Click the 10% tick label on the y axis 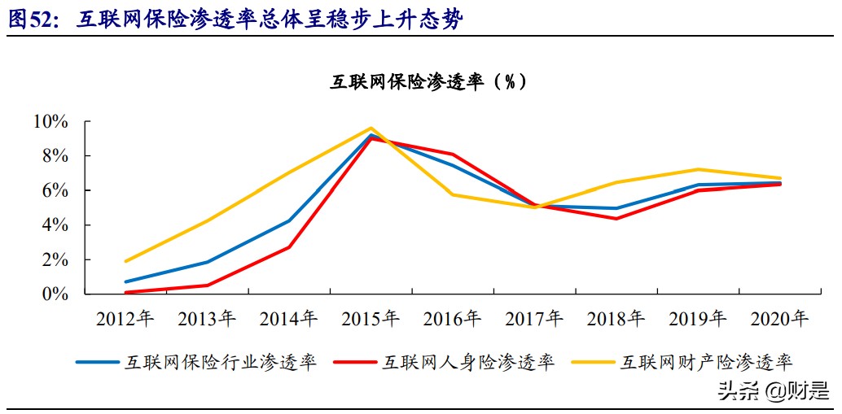50,122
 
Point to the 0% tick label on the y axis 55,294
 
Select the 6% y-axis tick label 55,190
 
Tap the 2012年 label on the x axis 125,319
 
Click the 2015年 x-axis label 371,319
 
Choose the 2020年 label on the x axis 779,319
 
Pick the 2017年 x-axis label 534,319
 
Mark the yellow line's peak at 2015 371,128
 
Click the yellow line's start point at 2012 125,261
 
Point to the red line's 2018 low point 616,219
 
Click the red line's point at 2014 289,246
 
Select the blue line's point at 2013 207,262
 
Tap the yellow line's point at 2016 453,194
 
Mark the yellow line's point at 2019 698,169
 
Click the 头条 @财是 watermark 770,392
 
